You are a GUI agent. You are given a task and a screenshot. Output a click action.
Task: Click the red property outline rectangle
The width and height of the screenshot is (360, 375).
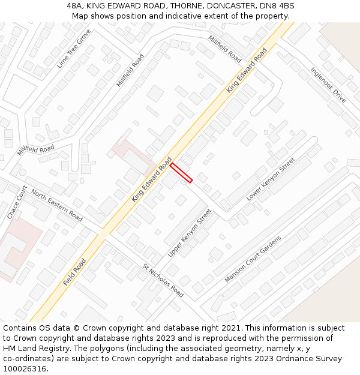(x=181, y=172)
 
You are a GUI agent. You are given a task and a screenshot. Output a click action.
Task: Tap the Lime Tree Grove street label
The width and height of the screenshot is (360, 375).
(x=73, y=48)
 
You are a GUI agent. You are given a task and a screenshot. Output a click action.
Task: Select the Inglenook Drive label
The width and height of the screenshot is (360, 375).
(x=328, y=85)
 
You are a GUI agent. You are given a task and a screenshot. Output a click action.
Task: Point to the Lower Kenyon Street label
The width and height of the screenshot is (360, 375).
(x=271, y=179)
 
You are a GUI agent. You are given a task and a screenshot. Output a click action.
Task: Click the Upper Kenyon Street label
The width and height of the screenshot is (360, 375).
(x=190, y=233)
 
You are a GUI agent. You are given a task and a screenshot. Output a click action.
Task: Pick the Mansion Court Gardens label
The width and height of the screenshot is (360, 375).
(x=253, y=259)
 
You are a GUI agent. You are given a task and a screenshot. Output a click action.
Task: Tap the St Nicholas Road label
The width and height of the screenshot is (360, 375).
(x=163, y=280)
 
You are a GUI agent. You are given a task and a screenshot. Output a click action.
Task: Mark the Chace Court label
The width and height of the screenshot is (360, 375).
(x=17, y=202)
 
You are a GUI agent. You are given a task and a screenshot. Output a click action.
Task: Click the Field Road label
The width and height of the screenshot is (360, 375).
(x=74, y=272)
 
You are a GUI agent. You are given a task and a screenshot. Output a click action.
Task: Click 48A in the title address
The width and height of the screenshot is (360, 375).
(x=75, y=5)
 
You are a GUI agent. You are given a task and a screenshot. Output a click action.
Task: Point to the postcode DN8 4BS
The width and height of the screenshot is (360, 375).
(x=278, y=5)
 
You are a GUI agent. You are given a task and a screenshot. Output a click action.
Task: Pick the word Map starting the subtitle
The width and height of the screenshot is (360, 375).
(x=81, y=16)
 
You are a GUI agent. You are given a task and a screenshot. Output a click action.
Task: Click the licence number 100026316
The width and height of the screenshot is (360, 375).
(x=25, y=369)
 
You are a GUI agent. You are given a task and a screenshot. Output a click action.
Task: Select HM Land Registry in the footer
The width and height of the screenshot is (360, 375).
(x=35, y=349)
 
